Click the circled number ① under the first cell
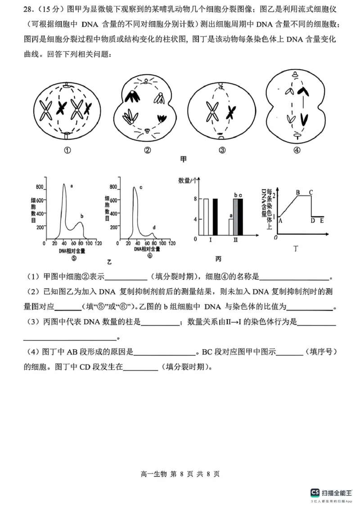click(x=67, y=151)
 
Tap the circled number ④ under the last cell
click(x=297, y=151)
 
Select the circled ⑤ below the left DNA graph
click(x=73, y=258)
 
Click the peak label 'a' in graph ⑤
click(x=72, y=185)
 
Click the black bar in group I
click(x=215, y=217)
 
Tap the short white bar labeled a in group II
click(x=231, y=227)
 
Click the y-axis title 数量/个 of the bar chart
click(x=188, y=181)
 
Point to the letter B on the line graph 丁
click(x=297, y=192)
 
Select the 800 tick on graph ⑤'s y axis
click(x=40, y=187)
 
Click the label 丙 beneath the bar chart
click(x=218, y=259)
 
